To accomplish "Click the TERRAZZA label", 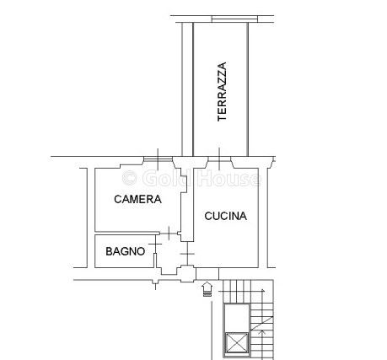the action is click(x=222, y=92).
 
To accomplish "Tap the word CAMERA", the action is click(x=137, y=199).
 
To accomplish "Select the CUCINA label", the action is click(x=226, y=216).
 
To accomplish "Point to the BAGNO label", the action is click(x=126, y=251).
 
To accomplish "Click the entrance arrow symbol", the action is click(x=207, y=289).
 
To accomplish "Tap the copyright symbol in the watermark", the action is click(x=130, y=178).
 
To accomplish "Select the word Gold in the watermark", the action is click(x=164, y=178).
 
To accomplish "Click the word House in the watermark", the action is click(x=228, y=178).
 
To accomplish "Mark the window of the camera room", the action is click(x=158, y=159).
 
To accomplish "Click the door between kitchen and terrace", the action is click(x=219, y=159).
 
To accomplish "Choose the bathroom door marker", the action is click(x=155, y=244).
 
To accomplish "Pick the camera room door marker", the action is click(x=169, y=233).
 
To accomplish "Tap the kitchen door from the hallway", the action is click(x=187, y=254).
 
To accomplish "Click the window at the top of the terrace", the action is click(x=234, y=19).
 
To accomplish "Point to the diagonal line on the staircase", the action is click(x=262, y=324).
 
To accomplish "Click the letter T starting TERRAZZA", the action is click(x=222, y=118).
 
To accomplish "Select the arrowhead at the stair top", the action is click(x=263, y=290).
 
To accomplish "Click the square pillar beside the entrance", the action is click(x=188, y=274).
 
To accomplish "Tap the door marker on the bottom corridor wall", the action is click(x=155, y=283).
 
